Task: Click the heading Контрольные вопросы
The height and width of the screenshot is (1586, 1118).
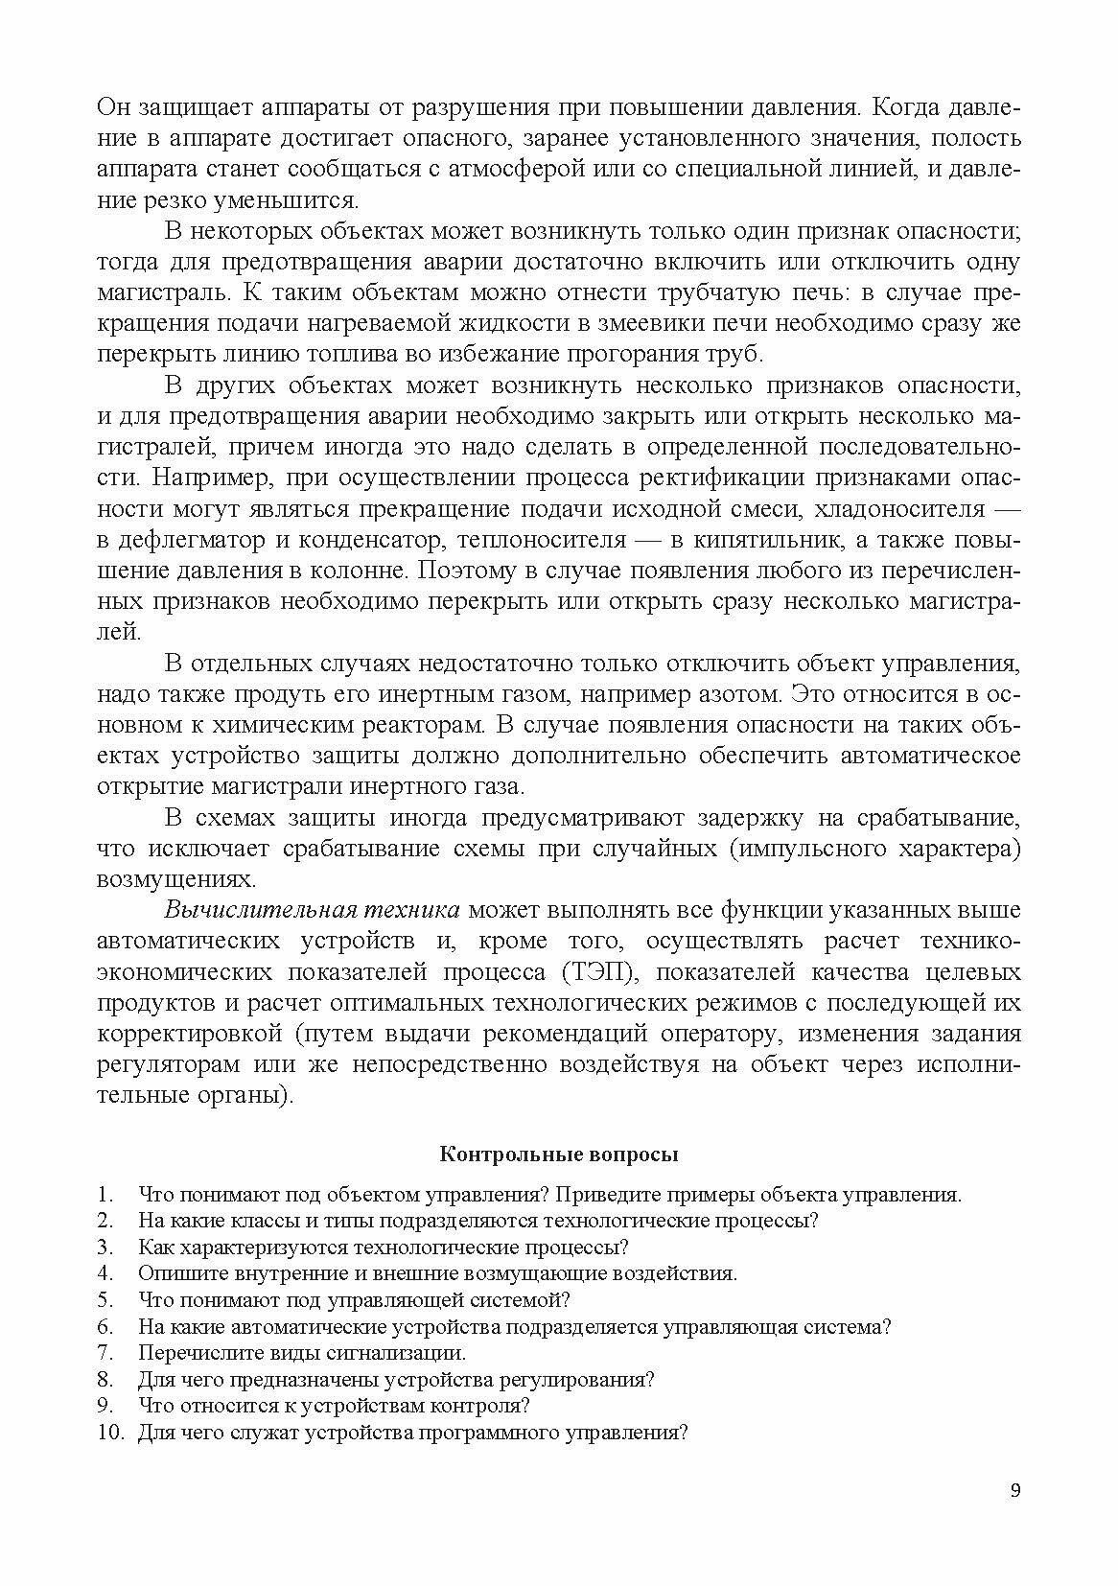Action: (558, 1154)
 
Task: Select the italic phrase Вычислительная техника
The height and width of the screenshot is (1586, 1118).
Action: (313, 910)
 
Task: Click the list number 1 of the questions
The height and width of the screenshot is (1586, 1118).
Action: (105, 1195)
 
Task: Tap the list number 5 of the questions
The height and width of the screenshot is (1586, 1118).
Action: (105, 1300)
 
